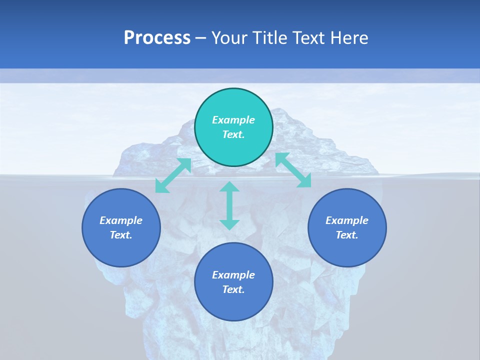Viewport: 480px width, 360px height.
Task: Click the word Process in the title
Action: click(157, 38)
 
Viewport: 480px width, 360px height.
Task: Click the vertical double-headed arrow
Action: click(229, 206)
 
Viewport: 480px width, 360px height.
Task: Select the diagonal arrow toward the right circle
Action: click(293, 170)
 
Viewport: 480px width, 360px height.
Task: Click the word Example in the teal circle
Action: click(233, 120)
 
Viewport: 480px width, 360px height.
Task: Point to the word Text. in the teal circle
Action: click(233, 134)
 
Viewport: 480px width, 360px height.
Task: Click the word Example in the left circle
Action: click(121, 220)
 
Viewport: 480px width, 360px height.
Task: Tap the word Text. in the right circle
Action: click(347, 235)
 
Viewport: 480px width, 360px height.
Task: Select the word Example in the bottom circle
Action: click(233, 275)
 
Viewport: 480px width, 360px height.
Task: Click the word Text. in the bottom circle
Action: click(233, 289)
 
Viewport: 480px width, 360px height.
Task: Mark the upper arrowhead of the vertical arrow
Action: click(229, 187)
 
